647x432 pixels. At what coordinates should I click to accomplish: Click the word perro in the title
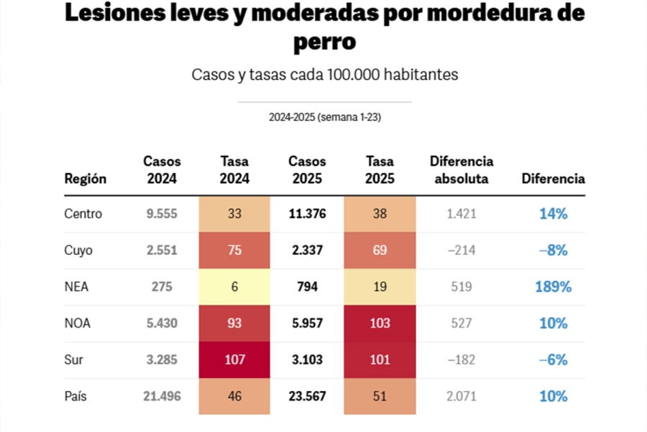point(324,42)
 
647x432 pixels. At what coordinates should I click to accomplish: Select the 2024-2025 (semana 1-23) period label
point(325,117)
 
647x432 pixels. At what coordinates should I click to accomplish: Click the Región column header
point(86,179)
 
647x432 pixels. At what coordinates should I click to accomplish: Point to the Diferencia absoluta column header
point(462,171)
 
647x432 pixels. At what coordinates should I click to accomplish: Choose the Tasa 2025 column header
point(380,171)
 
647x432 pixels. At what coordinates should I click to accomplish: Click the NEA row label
point(76,287)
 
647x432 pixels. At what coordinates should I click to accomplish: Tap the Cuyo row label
point(78,251)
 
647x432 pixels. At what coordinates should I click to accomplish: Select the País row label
point(76,397)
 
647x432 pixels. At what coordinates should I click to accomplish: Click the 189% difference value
point(553,287)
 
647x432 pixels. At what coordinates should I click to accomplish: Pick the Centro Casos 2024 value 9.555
point(162,214)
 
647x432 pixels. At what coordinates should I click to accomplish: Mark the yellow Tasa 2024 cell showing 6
point(234,287)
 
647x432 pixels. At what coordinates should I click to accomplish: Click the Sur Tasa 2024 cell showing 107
point(234,360)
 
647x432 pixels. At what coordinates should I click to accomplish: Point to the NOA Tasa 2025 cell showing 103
point(380,323)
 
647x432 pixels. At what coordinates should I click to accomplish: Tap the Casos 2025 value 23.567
point(307,397)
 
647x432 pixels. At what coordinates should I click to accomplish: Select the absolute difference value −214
point(461,251)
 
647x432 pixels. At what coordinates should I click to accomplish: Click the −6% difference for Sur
point(553,360)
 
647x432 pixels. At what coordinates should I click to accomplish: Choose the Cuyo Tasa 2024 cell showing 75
point(234,251)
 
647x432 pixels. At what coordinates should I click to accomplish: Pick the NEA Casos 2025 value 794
point(307,287)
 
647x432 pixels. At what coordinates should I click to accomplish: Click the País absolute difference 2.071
point(461,397)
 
